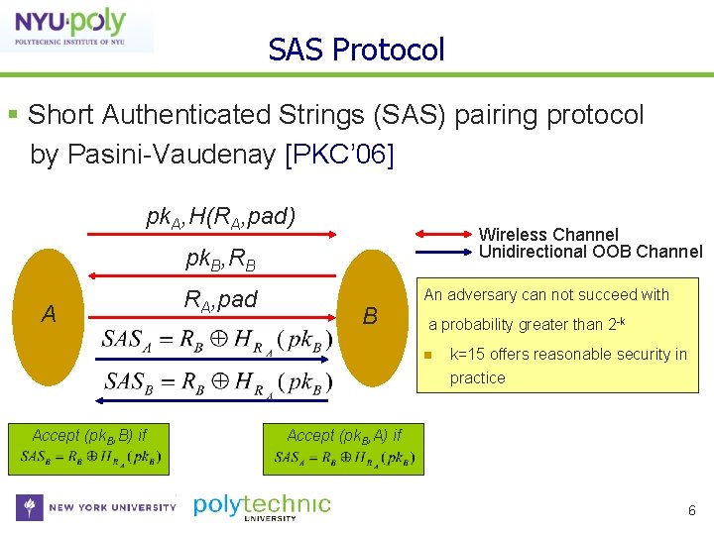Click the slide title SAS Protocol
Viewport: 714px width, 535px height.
(x=356, y=50)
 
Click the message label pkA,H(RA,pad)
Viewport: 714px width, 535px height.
(x=220, y=216)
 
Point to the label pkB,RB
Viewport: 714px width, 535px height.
(x=220, y=260)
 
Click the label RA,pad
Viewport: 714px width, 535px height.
(x=220, y=298)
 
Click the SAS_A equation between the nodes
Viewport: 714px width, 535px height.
(x=217, y=340)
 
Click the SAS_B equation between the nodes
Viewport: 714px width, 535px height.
(x=217, y=381)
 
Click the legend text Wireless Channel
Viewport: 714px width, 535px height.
(x=548, y=235)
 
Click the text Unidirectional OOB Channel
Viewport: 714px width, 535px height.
(x=590, y=252)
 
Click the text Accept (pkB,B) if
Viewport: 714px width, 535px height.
(x=89, y=435)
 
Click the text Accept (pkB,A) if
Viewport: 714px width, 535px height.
(x=344, y=435)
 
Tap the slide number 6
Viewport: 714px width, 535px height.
(x=692, y=510)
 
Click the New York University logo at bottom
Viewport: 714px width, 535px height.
(x=95, y=507)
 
